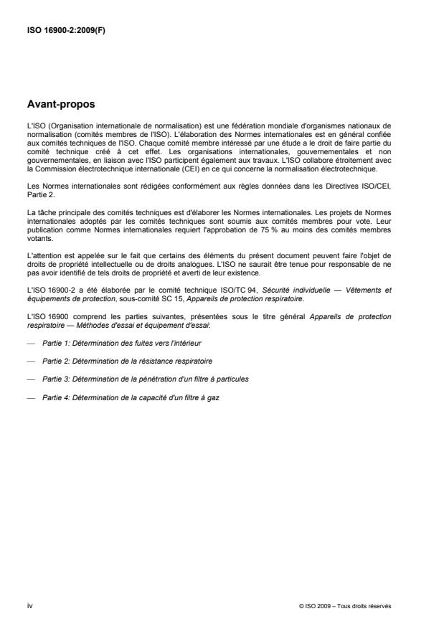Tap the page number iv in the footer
coord(29,605)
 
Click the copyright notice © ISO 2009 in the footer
coord(345,605)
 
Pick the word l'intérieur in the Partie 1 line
coord(164,345)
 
